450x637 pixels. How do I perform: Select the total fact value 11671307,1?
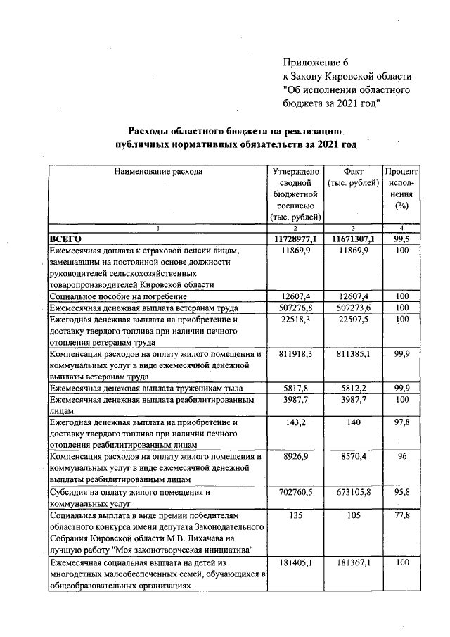click(353, 239)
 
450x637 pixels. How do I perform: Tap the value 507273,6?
click(353, 308)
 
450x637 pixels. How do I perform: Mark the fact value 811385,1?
click(353, 354)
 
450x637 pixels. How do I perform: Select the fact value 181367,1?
click(353, 562)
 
